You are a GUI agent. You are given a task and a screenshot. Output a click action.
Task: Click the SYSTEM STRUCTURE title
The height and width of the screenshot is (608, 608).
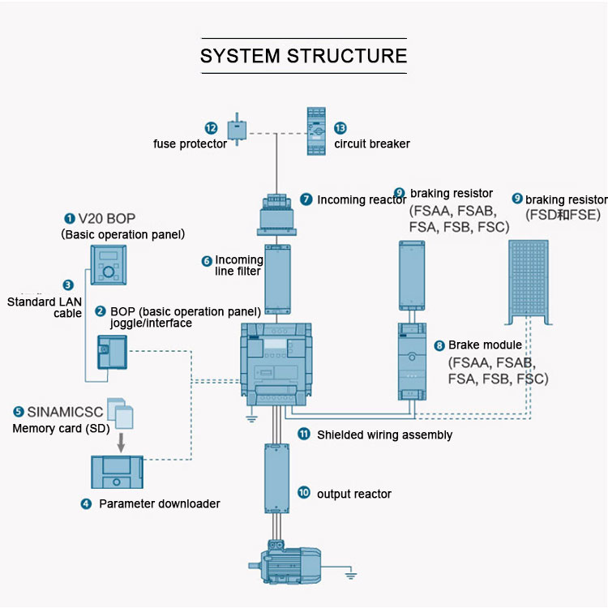coord(303,56)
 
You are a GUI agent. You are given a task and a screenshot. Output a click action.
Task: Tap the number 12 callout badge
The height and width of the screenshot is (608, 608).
coord(211,128)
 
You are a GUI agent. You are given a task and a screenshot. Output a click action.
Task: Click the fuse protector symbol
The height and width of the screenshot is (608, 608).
coord(236,128)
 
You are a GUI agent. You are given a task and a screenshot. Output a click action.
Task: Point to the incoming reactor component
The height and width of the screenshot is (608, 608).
coord(277,212)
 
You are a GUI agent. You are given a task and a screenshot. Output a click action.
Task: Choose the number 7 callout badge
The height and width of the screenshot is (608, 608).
coord(306,199)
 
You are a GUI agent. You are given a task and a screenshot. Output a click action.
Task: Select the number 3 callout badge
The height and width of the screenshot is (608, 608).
coord(68,285)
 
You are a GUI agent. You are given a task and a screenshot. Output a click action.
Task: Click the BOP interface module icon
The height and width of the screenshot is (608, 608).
coord(112,353)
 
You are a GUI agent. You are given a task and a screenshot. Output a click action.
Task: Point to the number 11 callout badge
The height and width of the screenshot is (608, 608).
coord(304,434)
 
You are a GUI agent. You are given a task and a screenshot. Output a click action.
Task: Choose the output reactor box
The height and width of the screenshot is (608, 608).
coord(277,478)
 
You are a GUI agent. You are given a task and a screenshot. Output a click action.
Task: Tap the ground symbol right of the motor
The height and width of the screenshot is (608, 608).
coord(351,576)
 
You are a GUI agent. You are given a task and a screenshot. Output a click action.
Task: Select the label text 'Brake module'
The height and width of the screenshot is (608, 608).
coord(485,345)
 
